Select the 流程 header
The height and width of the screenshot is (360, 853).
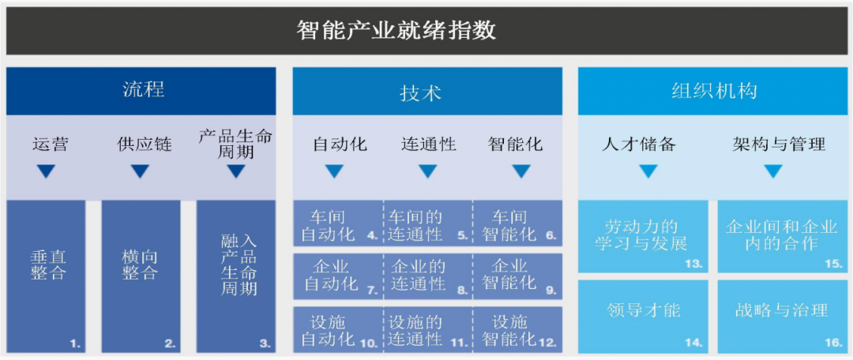143,89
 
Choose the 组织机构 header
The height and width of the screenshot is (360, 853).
713,91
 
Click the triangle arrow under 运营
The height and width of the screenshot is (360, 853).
47,171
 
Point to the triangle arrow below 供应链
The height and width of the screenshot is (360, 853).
140,171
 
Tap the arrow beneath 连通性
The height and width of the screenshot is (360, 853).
427,171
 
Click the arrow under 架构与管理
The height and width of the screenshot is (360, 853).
773,171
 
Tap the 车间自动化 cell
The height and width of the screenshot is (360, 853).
338,225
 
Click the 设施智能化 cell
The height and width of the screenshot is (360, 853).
517,330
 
